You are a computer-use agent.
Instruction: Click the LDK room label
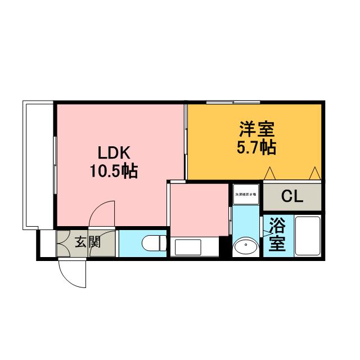point(115,153)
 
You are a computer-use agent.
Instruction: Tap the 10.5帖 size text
point(115,171)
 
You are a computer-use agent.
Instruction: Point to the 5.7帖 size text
point(256,147)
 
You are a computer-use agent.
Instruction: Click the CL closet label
point(292,197)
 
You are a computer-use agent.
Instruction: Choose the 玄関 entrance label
point(88,243)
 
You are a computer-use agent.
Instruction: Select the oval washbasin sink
point(245,246)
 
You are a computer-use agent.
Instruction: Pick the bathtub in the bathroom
point(308,236)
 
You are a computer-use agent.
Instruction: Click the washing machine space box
point(246,194)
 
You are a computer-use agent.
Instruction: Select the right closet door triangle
point(316,173)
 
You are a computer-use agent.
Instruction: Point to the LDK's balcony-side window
point(55,163)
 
